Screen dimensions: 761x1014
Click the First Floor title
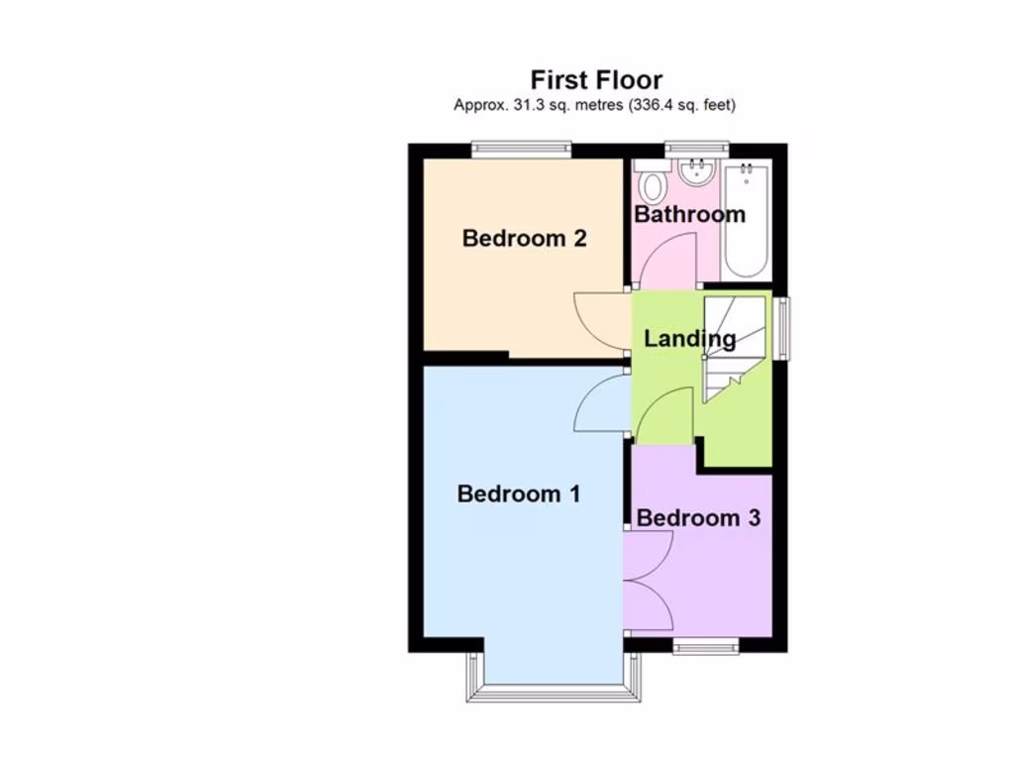[x=596, y=79]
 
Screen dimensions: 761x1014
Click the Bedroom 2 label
[x=524, y=238]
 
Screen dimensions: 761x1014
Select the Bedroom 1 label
[x=518, y=493]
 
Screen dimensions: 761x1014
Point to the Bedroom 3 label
[x=698, y=517]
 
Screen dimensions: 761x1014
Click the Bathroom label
[x=689, y=214]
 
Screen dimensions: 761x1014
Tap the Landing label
[x=689, y=339]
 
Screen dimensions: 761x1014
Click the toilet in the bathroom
[x=653, y=184]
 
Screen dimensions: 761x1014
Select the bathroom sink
[x=697, y=173]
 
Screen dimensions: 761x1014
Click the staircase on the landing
[x=734, y=347]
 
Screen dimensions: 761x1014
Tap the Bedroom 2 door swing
[x=602, y=321]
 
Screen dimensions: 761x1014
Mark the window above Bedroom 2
[x=521, y=150]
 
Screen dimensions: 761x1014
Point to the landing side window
[x=782, y=328]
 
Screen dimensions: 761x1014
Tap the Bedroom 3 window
[x=706, y=647]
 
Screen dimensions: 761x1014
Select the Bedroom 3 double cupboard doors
[x=649, y=580]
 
